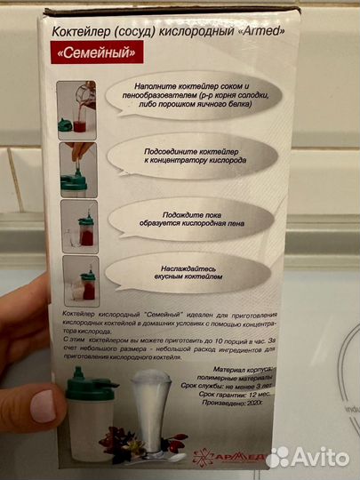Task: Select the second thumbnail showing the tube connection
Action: tap(77, 165)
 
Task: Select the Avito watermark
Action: tap(308, 456)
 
